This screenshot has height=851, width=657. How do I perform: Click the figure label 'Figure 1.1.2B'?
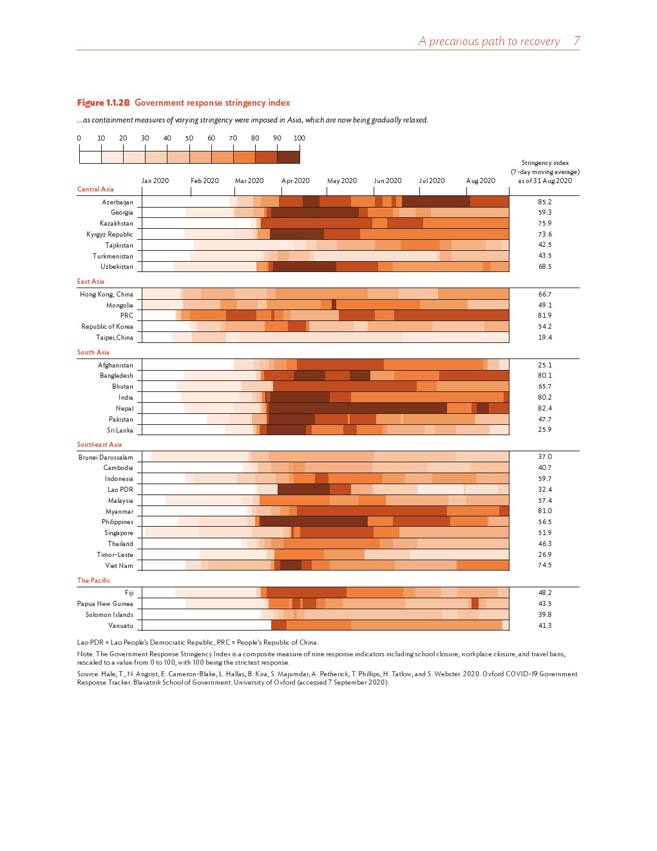pyautogui.click(x=103, y=103)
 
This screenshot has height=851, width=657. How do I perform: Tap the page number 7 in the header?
pyautogui.click(x=576, y=41)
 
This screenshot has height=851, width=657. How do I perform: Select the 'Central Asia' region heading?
pyautogui.click(x=95, y=190)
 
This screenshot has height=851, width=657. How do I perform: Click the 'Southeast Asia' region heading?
pyautogui.click(x=99, y=445)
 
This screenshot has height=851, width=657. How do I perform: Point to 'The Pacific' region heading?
pyautogui.click(x=93, y=581)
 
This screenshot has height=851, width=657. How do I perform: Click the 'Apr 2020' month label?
pyautogui.click(x=296, y=181)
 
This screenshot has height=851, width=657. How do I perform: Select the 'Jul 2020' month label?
pyautogui.click(x=432, y=181)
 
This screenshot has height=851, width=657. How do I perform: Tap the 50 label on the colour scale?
pyautogui.click(x=189, y=139)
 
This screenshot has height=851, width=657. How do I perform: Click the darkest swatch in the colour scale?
pyautogui.click(x=288, y=157)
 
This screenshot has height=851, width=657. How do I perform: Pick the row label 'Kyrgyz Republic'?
pyautogui.click(x=110, y=235)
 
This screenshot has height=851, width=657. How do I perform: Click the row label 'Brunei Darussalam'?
pyautogui.click(x=106, y=458)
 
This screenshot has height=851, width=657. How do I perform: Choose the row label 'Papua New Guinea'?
pyautogui.click(x=105, y=604)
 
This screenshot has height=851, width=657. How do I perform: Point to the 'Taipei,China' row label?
pyautogui.click(x=115, y=338)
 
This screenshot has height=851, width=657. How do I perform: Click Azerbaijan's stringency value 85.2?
pyautogui.click(x=544, y=202)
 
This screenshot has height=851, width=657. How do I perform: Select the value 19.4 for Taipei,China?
pyautogui.click(x=544, y=338)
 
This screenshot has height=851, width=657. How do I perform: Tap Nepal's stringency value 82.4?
pyautogui.click(x=544, y=409)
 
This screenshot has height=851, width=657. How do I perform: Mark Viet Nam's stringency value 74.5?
pyautogui.click(x=544, y=565)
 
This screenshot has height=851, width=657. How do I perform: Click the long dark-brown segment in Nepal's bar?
pyautogui.click(x=357, y=409)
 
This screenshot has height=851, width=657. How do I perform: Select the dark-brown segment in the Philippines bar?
pyautogui.click(x=313, y=522)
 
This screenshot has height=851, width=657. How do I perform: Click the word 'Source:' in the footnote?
pyautogui.click(x=88, y=674)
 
